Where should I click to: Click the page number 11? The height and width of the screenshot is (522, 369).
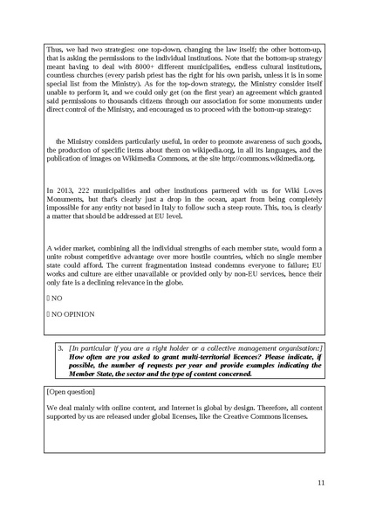pyautogui.click(x=320, y=483)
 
